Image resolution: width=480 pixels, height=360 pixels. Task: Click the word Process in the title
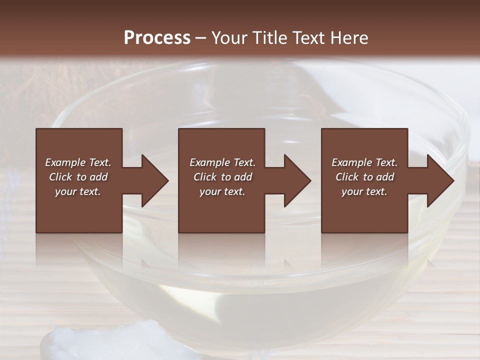point(157,38)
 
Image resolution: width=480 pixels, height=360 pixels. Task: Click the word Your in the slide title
point(227,38)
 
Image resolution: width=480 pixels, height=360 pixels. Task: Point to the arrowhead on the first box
point(152,180)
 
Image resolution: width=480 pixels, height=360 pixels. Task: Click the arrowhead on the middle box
point(295,180)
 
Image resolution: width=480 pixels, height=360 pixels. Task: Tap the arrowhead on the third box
point(438,180)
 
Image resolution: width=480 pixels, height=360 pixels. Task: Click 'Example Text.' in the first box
point(78,162)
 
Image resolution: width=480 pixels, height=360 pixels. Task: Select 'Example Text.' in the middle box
point(222,162)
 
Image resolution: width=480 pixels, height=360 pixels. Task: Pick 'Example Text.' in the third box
point(364,162)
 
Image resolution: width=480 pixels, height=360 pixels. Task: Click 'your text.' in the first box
point(78,191)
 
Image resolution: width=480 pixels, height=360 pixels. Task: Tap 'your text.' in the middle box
point(222,191)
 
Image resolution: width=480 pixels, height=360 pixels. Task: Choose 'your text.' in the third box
point(364,191)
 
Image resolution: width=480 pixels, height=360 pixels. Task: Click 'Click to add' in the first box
point(78,177)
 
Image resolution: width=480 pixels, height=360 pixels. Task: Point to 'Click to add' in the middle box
point(222,177)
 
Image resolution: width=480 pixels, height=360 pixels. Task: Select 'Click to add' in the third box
point(364,177)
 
